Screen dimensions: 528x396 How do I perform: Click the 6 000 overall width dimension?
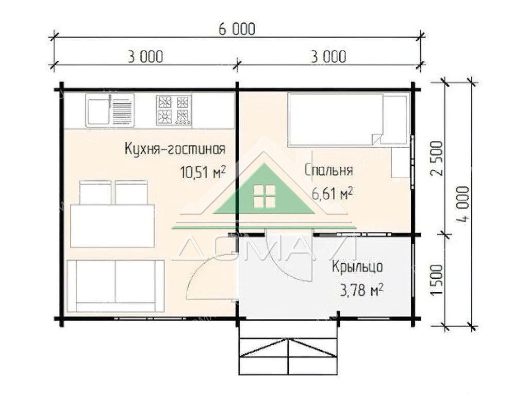point(237,29)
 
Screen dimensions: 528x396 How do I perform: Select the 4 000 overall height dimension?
point(464,204)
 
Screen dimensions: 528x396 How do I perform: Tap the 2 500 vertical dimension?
point(437,158)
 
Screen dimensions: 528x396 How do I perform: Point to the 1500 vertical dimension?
point(437,280)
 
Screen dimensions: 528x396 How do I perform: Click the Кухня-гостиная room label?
point(175,148)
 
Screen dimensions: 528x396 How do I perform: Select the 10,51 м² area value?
point(203,172)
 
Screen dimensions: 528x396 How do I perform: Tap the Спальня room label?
point(329,170)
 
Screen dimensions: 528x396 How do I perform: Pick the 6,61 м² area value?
point(333,194)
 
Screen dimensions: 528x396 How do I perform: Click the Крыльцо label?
point(357,267)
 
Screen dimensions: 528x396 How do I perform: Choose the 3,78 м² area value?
point(361,290)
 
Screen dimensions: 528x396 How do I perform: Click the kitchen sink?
point(110,110)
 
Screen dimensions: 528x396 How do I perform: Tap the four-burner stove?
point(174,110)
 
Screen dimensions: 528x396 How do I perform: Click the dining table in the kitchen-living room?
point(112,226)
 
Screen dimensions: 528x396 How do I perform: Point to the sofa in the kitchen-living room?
point(115,286)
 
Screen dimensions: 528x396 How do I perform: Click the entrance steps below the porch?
point(288,347)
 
